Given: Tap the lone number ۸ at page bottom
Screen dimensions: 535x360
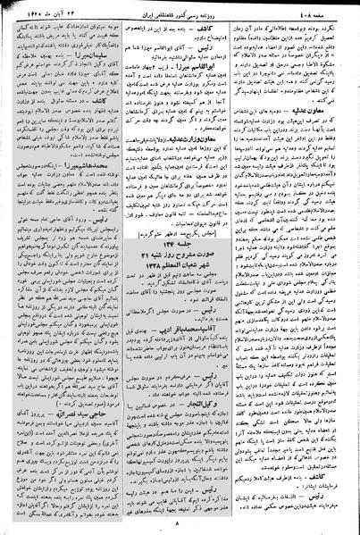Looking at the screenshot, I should coord(180,525).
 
